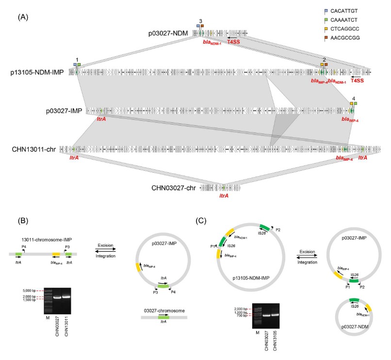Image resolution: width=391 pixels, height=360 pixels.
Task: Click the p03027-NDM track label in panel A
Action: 169,33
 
